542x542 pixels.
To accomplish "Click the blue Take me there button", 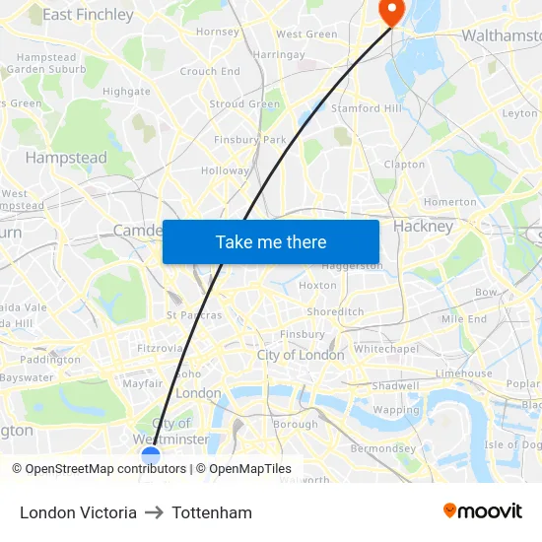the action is [271, 241].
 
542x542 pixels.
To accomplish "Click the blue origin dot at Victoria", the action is [151, 456].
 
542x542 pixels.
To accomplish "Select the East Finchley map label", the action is [88, 15].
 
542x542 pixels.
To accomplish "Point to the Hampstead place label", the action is [66, 158].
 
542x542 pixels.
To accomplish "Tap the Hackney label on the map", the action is [423, 226].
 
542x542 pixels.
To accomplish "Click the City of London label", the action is [301, 355].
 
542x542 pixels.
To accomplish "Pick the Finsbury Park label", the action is [249, 140].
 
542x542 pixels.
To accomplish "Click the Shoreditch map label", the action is [335, 311].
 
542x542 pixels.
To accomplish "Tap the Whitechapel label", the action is [386, 349].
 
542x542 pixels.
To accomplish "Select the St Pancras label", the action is [194, 315].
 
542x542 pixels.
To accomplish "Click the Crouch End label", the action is [210, 72].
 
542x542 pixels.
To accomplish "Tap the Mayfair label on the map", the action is [142, 383].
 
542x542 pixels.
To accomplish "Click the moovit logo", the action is [483, 511].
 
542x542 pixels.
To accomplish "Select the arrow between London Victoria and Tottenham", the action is [154, 512].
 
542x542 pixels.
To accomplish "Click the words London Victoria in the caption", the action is [78, 512].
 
